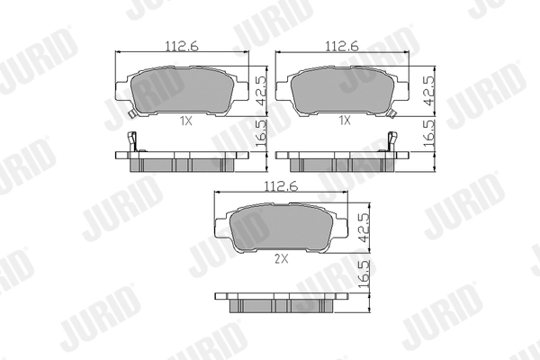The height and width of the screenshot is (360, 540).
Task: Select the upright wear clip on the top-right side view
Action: tap(391, 142)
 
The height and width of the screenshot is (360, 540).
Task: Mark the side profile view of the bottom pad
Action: tap(279, 301)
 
